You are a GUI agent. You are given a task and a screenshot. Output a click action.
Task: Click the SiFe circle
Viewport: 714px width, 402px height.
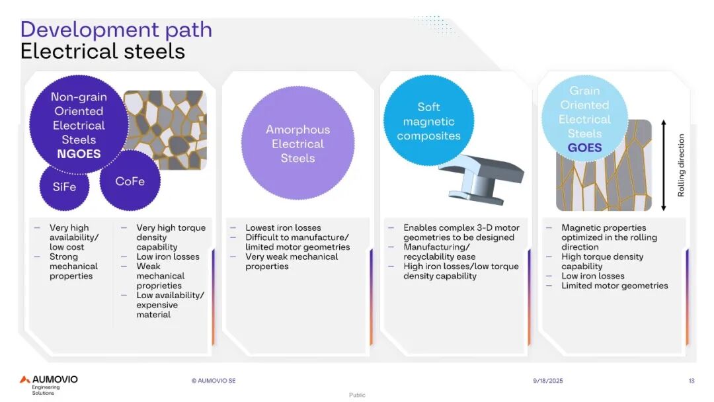pyautogui.click(x=64, y=187)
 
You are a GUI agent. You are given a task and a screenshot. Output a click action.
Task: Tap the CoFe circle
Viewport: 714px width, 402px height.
pyautogui.click(x=130, y=181)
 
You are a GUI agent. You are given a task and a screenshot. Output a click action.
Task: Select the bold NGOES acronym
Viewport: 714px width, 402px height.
pyautogui.click(x=79, y=154)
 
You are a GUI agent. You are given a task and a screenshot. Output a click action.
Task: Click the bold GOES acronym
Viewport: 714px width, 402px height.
pyautogui.click(x=584, y=147)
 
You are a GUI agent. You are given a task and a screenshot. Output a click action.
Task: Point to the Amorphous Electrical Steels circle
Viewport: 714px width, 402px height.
pyautogui.click(x=297, y=143)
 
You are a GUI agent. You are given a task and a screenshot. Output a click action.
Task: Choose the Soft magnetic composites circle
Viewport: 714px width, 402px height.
pyautogui.click(x=428, y=120)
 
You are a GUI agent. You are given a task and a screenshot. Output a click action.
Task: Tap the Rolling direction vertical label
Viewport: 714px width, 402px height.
pyautogui.click(x=681, y=165)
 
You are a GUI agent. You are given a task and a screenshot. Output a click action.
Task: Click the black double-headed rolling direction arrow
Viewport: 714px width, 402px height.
pyautogui.click(x=664, y=165)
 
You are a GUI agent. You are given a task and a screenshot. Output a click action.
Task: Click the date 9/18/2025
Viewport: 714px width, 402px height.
pyautogui.click(x=548, y=381)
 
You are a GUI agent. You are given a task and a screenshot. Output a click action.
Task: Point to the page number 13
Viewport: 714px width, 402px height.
pyautogui.click(x=692, y=381)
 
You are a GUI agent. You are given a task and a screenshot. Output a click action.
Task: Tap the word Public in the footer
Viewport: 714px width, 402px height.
pyautogui.click(x=357, y=395)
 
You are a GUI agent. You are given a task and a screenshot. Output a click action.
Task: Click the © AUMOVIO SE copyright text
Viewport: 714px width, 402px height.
pyautogui.click(x=214, y=381)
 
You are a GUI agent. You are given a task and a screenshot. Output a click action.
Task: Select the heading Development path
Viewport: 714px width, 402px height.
pyautogui.click(x=116, y=30)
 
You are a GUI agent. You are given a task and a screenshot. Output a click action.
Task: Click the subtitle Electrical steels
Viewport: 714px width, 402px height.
pyautogui.click(x=103, y=51)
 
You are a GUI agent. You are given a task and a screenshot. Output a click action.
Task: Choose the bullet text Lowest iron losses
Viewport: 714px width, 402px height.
pyautogui.click(x=283, y=227)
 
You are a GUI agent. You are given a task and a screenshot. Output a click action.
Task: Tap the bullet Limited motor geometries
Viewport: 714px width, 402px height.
pyautogui.click(x=615, y=286)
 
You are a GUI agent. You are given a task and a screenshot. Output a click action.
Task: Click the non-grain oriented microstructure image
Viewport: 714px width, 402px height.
pyautogui.click(x=166, y=130)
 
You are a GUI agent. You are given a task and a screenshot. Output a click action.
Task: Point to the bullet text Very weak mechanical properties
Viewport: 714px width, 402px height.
pyautogui.click(x=292, y=261)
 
